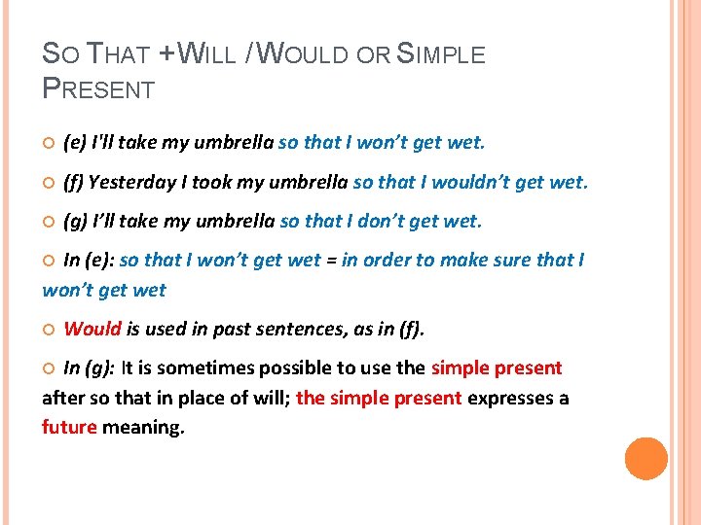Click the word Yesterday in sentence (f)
[127, 182]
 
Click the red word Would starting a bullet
[92, 329]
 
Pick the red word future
[69, 427]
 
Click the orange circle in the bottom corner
[646, 459]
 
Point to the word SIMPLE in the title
[441, 54]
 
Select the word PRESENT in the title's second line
[98, 90]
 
